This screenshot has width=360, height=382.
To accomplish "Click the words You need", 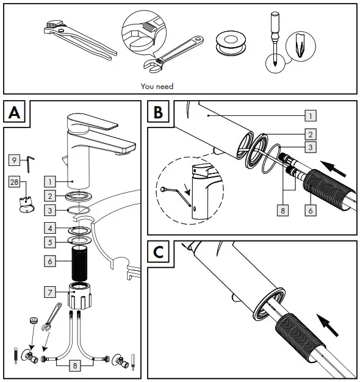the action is pos(157,86).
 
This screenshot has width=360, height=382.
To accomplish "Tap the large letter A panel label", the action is pos(15,113).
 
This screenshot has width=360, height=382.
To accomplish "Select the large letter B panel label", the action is pos(158,112).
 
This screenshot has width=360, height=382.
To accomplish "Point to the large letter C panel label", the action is pos(158,252).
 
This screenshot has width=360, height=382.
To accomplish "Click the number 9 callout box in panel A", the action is pos(14,160).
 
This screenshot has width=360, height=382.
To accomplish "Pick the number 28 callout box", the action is pos(14,182).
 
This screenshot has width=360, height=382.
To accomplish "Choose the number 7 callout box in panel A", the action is pos(50,292).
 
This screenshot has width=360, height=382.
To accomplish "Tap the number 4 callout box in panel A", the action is pos(50,228).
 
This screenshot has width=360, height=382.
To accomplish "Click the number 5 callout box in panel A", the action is pos(50,242).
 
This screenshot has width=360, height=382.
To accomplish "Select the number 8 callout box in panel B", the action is pos(283,211).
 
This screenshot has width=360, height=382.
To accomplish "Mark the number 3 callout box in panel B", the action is pos(311,147).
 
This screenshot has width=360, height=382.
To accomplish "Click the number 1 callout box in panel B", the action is pos(311,115).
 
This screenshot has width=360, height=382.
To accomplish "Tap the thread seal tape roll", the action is pos(231,43).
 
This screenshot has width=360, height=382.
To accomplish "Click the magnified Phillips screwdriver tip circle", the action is pos(301,46).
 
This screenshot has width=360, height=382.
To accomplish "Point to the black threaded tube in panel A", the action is pos(79,264).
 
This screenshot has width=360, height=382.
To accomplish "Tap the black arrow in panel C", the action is pos(328,325).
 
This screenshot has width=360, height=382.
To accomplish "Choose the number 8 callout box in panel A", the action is pos(75,366).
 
